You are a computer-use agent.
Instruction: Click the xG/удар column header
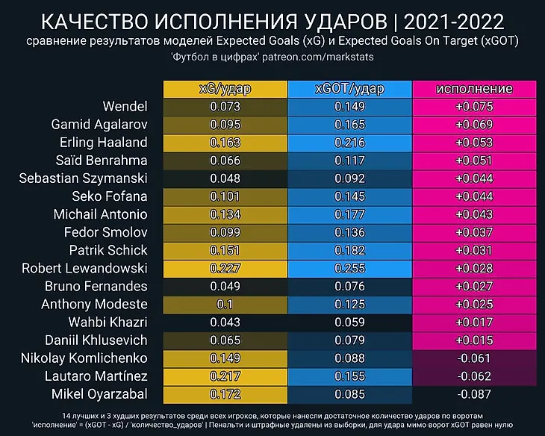coord(225,89)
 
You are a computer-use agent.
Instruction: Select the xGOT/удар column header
coord(349,89)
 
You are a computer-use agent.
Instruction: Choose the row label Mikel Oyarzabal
coord(100,393)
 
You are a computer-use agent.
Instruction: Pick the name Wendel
coord(125,107)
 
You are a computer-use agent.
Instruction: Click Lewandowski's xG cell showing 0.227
coord(225,268)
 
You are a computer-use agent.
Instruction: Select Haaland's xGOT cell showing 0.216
coord(349,143)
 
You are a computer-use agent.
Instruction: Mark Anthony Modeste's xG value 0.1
coord(225,304)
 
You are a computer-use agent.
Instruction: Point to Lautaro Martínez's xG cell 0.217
coord(225,376)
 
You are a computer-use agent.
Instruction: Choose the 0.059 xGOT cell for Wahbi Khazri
coord(349,322)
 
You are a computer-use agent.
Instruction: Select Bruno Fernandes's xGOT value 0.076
coord(349,286)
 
